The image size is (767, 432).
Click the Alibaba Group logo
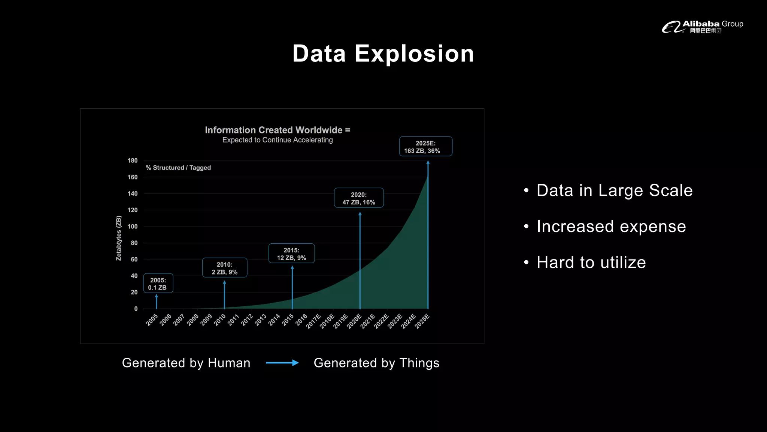click(702, 27)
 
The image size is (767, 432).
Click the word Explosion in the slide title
click(414, 54)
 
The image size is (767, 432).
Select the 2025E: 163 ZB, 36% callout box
click(425, 147)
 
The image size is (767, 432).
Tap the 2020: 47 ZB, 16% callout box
click(359, 198)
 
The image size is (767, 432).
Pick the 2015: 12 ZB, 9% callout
click(291, 253)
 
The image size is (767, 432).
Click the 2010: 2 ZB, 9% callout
click(224, 268)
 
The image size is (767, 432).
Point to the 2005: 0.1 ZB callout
click(158, 283)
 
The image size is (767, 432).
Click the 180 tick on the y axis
click(132, 160)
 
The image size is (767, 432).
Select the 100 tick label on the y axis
click(132, 226)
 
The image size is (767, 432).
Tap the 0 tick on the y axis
click(136, 309)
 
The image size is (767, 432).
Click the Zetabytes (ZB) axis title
click(119, 238)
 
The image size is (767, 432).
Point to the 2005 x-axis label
click(152, 320)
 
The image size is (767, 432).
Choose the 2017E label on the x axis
click(313, 321)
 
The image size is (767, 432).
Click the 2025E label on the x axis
click(422, 322)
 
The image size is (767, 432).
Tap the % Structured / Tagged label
click(178, 168)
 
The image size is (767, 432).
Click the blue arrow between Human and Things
click(282, 363)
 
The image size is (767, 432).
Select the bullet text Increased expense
click(611, 226)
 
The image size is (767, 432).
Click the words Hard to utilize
click(591, 262)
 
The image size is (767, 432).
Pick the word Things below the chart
click(419, 363)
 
